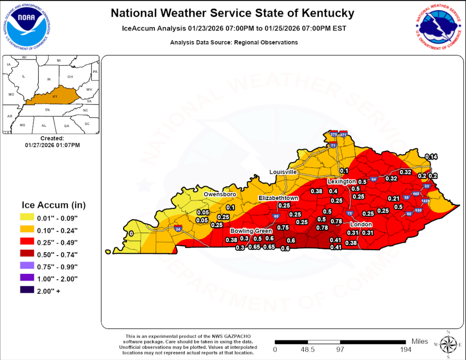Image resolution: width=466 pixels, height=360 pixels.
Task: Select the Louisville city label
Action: click(x=283, y=172)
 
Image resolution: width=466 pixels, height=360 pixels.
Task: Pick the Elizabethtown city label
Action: click(x=278, y=198)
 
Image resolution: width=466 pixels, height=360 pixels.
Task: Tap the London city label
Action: click(x=361, y=225)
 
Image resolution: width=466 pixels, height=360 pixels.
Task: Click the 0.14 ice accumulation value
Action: click(x=431, y=157)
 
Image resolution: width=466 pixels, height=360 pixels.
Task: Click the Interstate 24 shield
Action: click(x=177, y=229)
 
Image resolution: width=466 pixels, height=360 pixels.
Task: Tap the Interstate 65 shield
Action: click(x=276, y=216)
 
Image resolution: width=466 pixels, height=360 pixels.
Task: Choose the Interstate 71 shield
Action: click(x=334, y=145)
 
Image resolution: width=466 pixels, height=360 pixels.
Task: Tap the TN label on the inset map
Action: click(x=47, y=110)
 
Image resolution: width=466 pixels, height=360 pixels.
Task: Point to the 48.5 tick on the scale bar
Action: click(x=307, y=349)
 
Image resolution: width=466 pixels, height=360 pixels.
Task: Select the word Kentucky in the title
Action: click(x=328, y=13)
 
